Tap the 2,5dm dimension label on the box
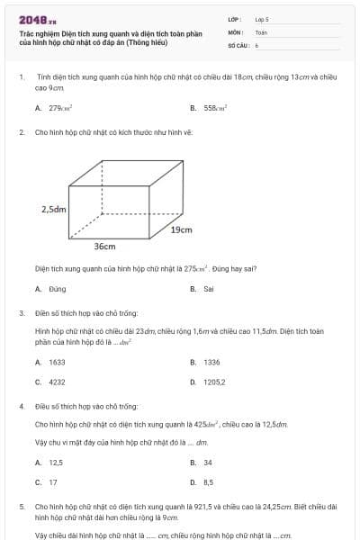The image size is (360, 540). point(54,209)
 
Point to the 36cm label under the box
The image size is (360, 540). point(104,246)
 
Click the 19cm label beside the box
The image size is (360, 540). point(181,229)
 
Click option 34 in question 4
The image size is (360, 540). point(208,463)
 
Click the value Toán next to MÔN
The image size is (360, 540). point(261,31)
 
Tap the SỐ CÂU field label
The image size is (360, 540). point(237,44)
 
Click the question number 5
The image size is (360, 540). point(21,507)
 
